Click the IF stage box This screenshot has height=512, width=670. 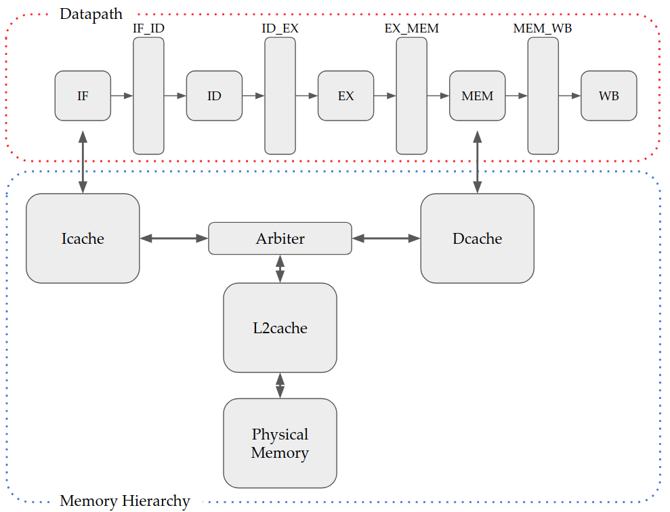[83, 95]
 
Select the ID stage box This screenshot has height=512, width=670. [214, 95]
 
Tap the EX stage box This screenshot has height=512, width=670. [346, 95]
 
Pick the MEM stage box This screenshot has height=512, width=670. [477, 95]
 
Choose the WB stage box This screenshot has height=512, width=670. [608, 95]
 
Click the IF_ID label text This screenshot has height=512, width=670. [148, 29]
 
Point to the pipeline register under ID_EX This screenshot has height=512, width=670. [280, 95]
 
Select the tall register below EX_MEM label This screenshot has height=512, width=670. [411, 95]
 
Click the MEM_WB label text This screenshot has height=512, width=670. [543, 29]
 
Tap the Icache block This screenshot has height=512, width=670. [83, 238]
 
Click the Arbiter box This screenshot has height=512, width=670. [280, 238]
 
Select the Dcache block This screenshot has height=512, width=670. [477, 238]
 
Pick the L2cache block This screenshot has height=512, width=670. [280, 328]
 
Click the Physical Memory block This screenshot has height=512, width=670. [280, 443]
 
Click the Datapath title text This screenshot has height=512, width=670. [91, 14]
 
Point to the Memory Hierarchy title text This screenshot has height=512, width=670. [125, 501]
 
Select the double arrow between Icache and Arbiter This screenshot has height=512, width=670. [173, 238]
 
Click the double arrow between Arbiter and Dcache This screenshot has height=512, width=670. [386, 238]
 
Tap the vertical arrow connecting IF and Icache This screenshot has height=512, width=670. [83, 163]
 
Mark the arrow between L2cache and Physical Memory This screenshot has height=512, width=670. [280, 385]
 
